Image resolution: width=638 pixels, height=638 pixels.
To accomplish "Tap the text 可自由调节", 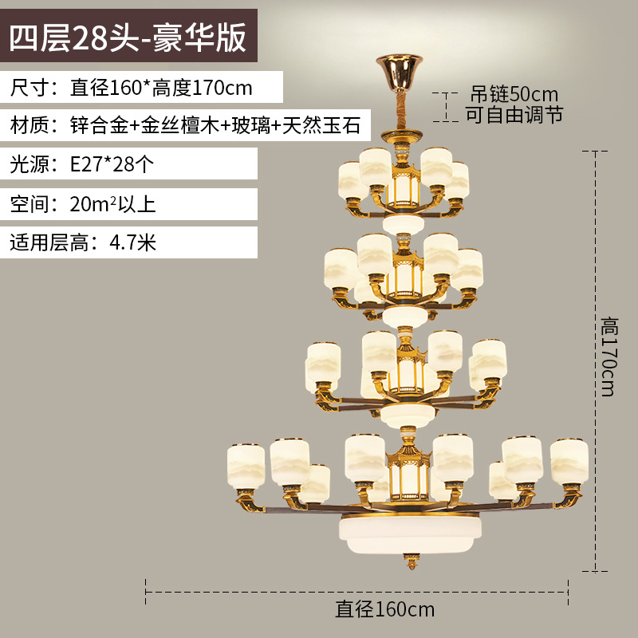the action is point(514,115).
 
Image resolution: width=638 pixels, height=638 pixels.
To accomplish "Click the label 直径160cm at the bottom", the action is point(385,610).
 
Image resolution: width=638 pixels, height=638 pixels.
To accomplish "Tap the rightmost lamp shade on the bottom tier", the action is point(569,461).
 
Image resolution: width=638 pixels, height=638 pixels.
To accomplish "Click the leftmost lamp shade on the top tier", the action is point(350,182).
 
